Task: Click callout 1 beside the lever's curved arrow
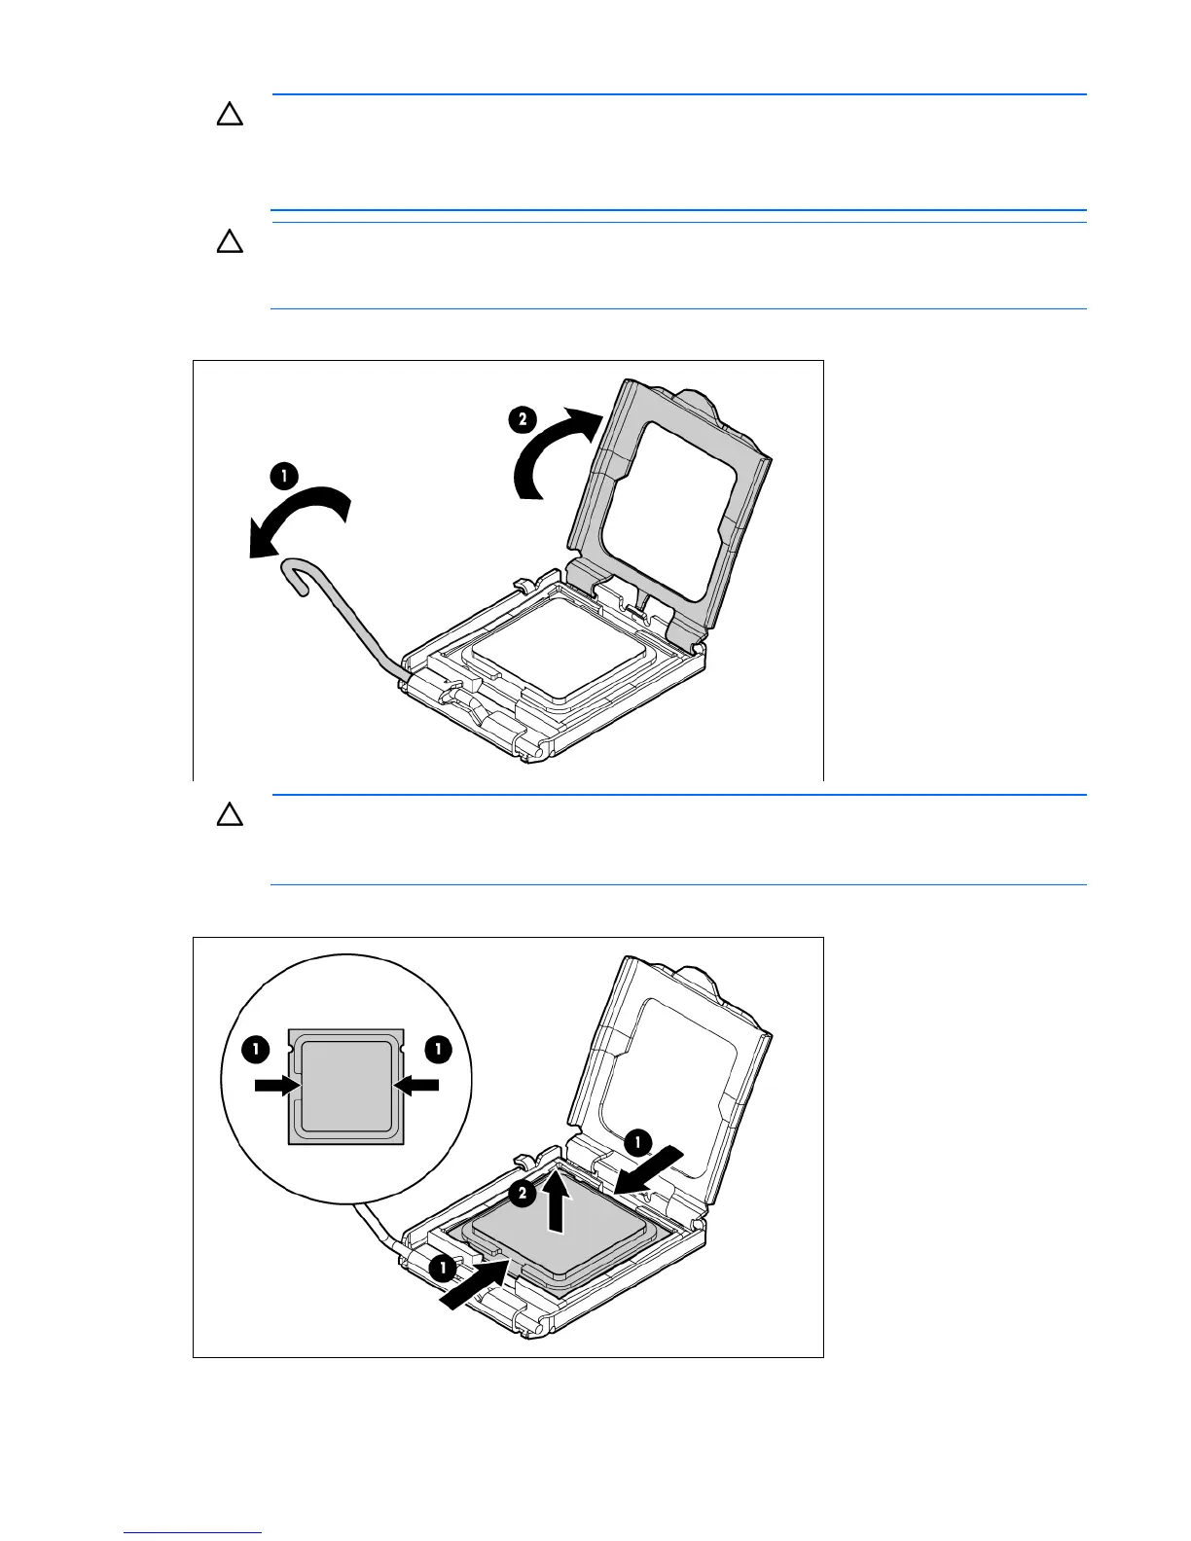pos(283,476)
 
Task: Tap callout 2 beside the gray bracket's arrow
pos(523,419)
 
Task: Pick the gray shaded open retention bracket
pos(671,506)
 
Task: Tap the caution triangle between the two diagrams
pos(230,815)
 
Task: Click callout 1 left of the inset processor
pos(255,1049)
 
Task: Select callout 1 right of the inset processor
pos(439,1049)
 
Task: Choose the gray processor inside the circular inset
pos(345,1086)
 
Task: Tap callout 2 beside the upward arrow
pos(523,1194)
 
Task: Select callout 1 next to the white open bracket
pos(637,1141)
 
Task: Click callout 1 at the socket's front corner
pos(442,1269)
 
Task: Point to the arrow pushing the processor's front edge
pos(473,1283)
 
